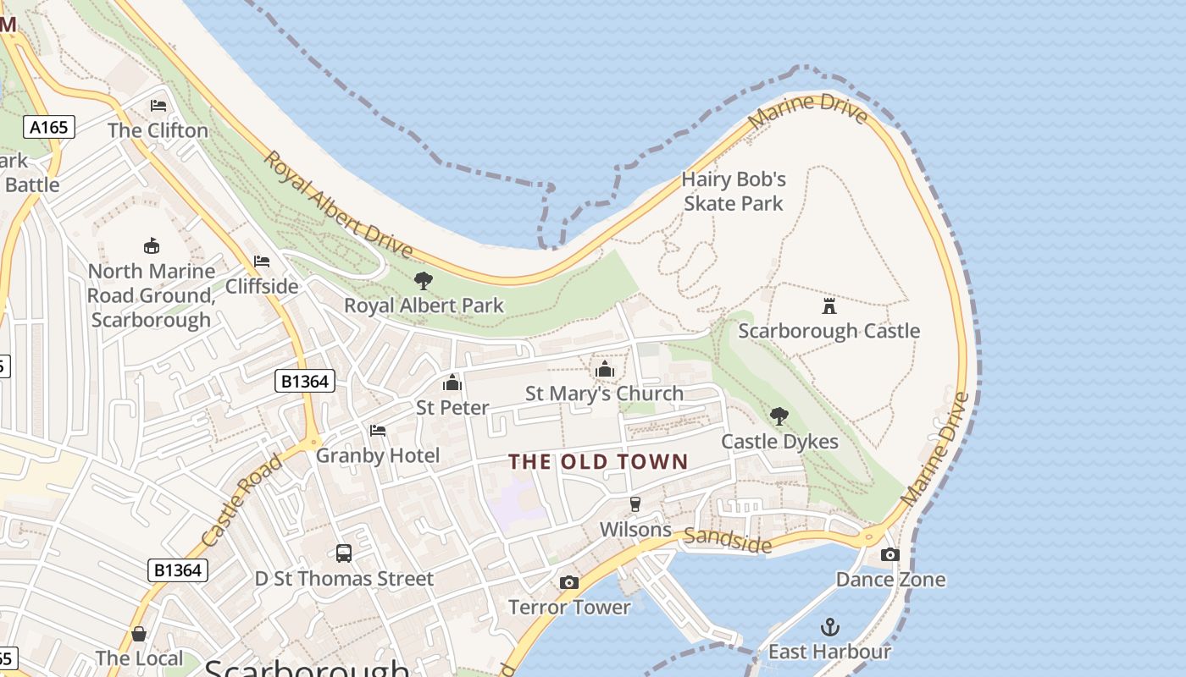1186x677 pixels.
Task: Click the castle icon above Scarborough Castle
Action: (x=829, y=305)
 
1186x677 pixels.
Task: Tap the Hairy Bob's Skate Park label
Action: (x=734, y=191)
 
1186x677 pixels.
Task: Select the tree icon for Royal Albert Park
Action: (x=424, y=281)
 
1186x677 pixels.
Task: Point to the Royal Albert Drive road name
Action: (x=338, y=205)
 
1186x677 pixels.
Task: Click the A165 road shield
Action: (x=48, y=127)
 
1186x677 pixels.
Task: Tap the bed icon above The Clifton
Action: (x=158, y=106)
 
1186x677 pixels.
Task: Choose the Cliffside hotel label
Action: (x=262, y=286)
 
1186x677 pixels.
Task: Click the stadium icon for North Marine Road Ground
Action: (x=152, y=246)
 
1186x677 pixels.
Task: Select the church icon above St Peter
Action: (x=452, y=383)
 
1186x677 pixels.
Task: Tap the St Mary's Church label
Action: (x=604, y=394)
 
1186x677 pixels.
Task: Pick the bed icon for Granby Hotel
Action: (x=378, y=431)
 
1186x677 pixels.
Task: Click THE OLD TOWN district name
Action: (x=598, y=462)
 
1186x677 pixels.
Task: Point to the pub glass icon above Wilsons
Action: (x=635, y=504)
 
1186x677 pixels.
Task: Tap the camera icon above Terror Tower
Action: (x=569, y=582)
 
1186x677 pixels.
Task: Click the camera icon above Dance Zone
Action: (x=890, y=554)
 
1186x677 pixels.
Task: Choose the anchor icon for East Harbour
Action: (x=829, y=627)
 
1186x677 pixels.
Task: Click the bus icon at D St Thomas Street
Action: (x=343, y=553)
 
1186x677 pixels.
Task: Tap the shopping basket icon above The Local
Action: (x=139, y=634)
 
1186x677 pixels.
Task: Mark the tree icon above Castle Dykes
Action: (x=779, y=416)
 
